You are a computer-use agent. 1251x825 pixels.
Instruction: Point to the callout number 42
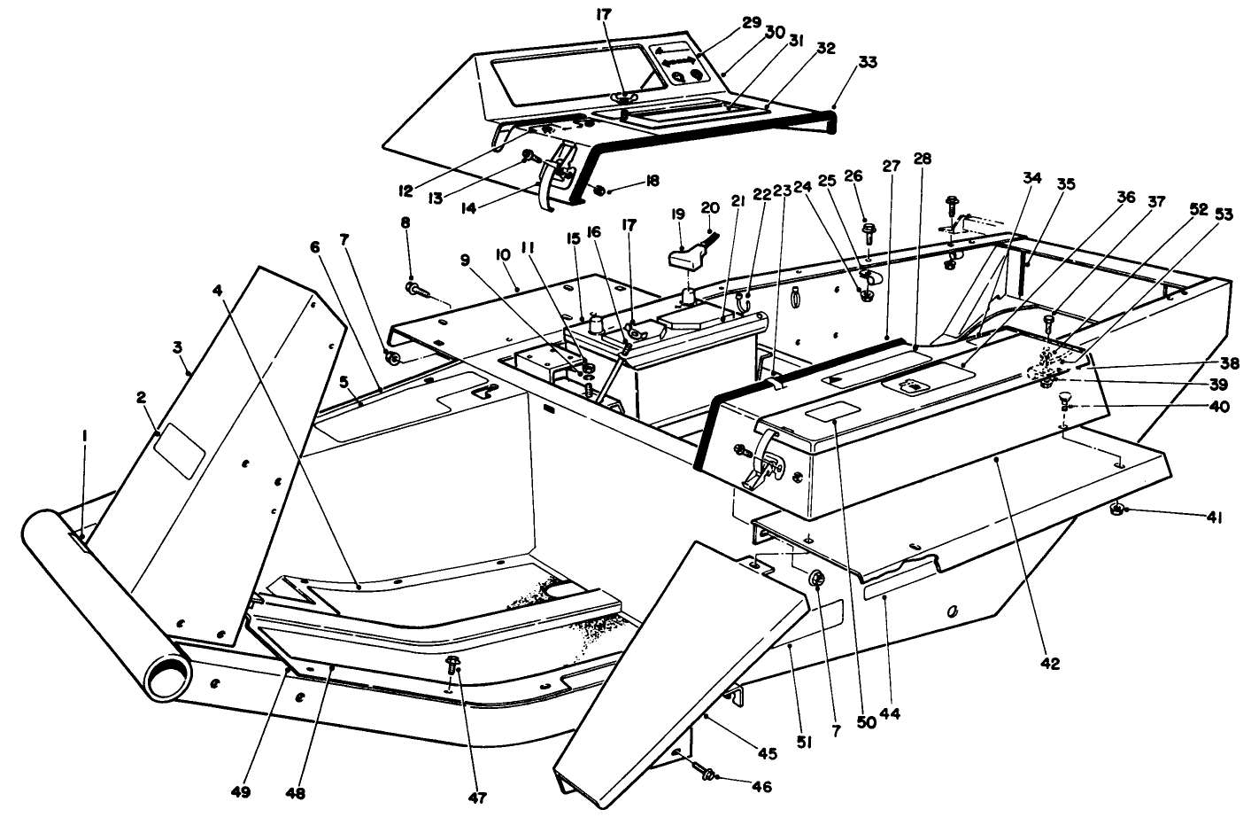pos(1051,663)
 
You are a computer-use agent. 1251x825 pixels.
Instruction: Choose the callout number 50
pos(866,722)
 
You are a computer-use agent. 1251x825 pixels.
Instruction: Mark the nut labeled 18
pos(599,190)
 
